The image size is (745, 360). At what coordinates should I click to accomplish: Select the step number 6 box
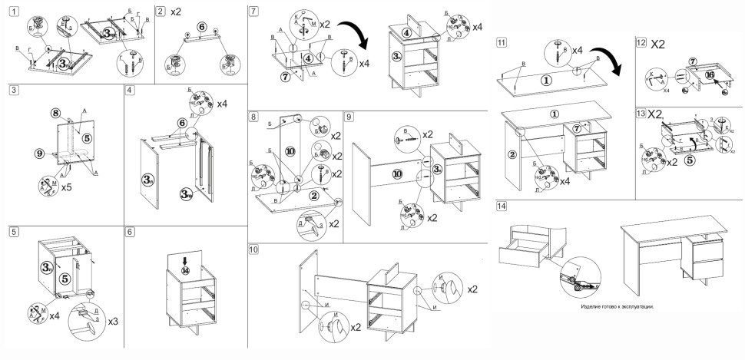131,231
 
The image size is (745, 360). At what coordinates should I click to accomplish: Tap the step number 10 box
255,249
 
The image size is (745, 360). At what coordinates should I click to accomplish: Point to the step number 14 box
502,206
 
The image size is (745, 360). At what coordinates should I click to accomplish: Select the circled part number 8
55,113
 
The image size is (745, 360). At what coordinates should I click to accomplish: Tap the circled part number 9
39,154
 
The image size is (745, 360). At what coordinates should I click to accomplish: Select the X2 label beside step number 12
658,45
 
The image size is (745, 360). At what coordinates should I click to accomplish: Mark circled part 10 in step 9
396,173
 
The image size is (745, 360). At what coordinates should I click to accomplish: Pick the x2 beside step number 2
175,12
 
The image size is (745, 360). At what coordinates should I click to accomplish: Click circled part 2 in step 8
314,195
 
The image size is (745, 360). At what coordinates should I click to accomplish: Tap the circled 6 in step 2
201,26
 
